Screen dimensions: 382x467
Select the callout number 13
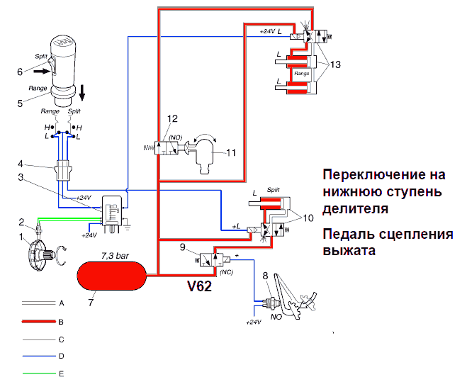336,65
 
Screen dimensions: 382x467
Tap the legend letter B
62,321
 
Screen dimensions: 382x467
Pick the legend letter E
62,371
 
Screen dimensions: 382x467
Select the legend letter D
62,354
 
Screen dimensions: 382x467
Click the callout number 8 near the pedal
265,275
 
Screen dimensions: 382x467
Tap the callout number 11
231,152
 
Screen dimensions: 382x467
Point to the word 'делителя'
353,208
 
